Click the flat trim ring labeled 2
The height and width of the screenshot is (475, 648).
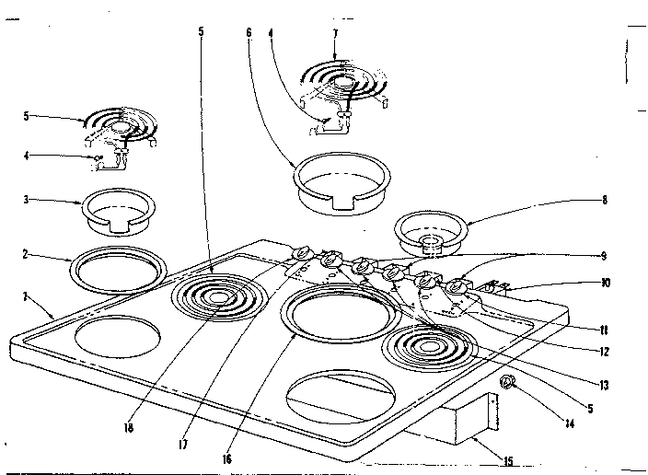pos(119,270)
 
